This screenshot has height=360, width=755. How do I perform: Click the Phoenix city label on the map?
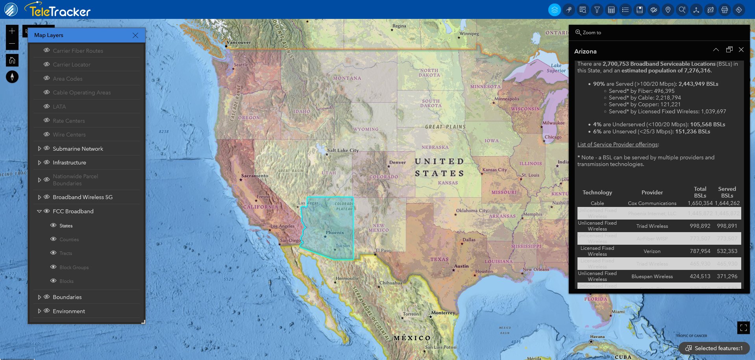click(x=335, y=233)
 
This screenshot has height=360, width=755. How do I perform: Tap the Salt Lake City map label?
click(x=343, y=150)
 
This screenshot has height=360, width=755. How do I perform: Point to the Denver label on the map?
click(x=398, y=162)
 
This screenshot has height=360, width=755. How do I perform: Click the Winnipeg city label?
click(x=469, y=34)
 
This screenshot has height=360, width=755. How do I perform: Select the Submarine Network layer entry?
click(x=78, y=149)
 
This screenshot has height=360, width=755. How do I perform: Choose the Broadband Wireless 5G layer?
click(x=83, y=197)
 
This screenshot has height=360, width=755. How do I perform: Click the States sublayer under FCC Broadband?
click(x=66, y=226)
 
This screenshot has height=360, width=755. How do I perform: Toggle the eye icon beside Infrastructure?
click(x=46, y=162)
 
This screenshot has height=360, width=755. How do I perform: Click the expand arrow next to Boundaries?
click(x=39, y=297)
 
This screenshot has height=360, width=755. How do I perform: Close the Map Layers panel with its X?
click(x=135, y=35)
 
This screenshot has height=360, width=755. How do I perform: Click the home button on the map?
click(x=12, y=60)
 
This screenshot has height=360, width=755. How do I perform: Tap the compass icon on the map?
click(x=12, y=77)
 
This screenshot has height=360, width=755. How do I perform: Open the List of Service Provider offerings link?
click(x=617, y=144)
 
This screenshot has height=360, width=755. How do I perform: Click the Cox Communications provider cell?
click(x=652, y=203)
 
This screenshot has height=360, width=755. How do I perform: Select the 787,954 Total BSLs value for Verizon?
click(x=700, y=251)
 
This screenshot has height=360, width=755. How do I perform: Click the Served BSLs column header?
click(x=727, y=192)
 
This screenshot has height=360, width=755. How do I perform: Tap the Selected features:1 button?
click(x=714, y=348)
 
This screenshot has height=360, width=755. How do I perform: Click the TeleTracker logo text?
click(x=60, y=11)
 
